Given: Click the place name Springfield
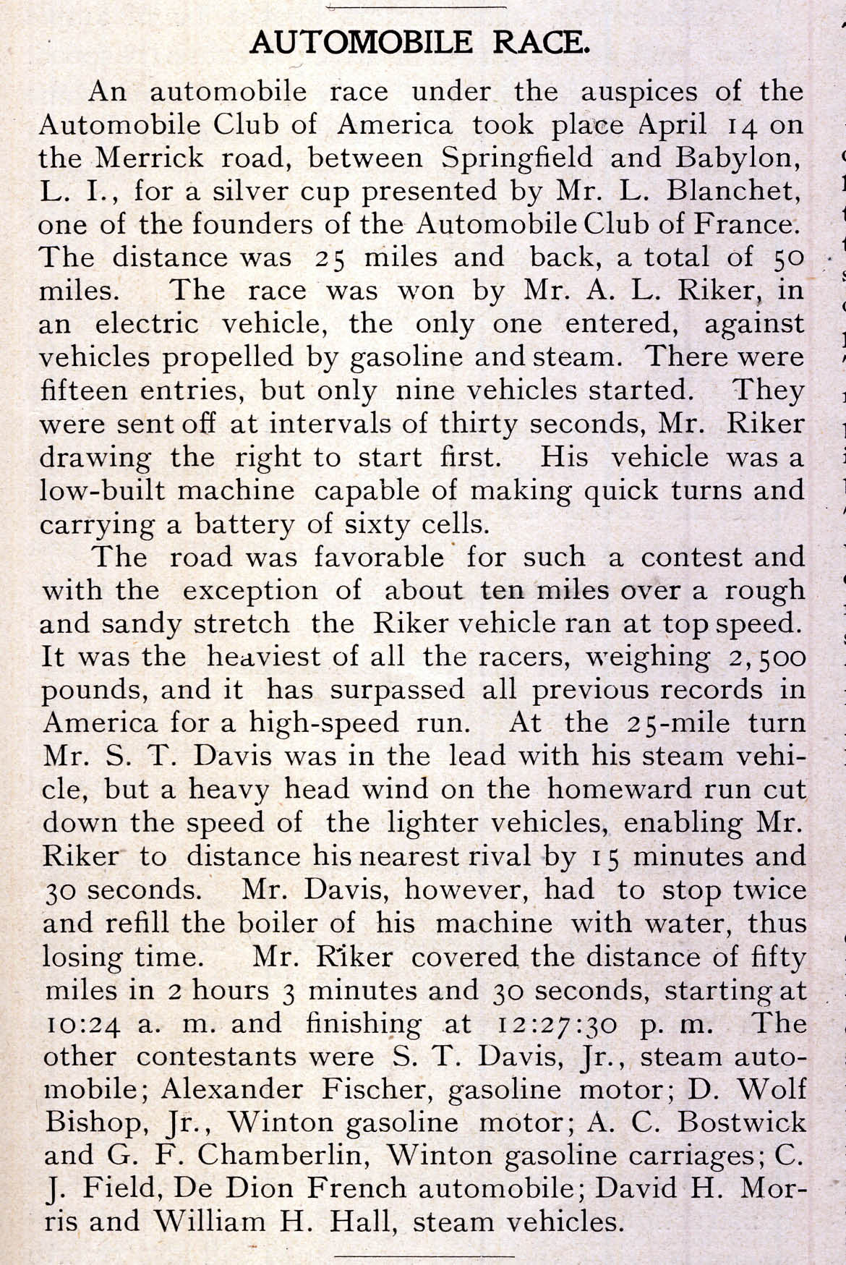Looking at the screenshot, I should (517, 158).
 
